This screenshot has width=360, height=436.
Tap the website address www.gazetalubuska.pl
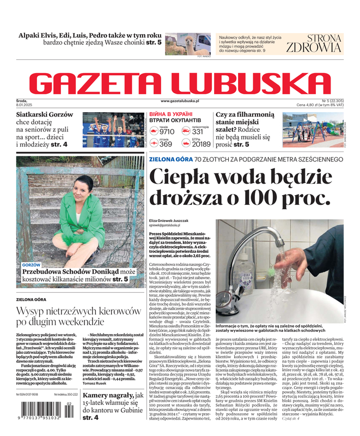(x=180, y=101)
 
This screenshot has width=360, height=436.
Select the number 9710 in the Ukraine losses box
(x=167, y=131)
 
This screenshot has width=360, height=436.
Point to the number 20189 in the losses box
(x=201, y=144)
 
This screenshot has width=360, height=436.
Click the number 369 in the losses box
(x=166, y=144)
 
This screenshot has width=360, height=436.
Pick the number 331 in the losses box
(x=198, y=131)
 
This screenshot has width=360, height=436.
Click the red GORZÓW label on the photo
(x=32, y=264)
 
